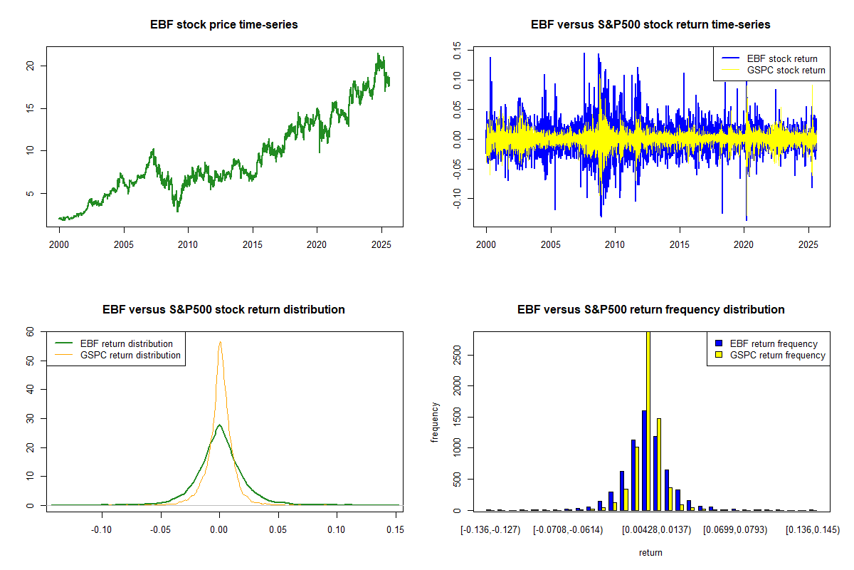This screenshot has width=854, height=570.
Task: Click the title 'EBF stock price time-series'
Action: coord(224,25)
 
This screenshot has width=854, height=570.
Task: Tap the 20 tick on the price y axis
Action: coord(31,66)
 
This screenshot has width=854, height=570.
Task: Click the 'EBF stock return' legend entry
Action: coord(781,58)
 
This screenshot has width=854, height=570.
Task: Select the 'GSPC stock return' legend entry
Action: coord(786,70)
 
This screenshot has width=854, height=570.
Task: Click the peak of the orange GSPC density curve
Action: coord(220,341)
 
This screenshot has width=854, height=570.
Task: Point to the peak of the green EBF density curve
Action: coord(220,425)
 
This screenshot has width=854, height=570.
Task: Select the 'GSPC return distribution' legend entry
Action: coord(130,355)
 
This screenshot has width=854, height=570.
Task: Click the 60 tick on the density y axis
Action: coord(30,331)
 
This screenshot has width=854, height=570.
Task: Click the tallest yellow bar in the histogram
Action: coord(648,420)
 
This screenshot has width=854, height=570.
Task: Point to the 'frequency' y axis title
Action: coord(436,422)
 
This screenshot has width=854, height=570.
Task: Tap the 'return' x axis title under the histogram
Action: coord(650,552)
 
